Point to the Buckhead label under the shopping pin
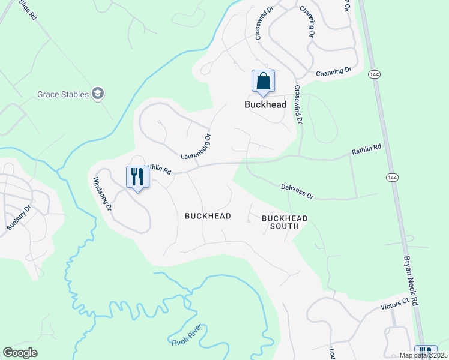click(265, 104)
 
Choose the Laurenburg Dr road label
click(196, 146)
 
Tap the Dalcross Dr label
click(297, 191)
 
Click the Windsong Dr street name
click(101, 194)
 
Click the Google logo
click(20, 353)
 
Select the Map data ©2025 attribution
click(422, 355)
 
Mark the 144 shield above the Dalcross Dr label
click(392, 178)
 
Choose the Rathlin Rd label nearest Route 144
click(367, 149)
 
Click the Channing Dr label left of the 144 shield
click(334, 71)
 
